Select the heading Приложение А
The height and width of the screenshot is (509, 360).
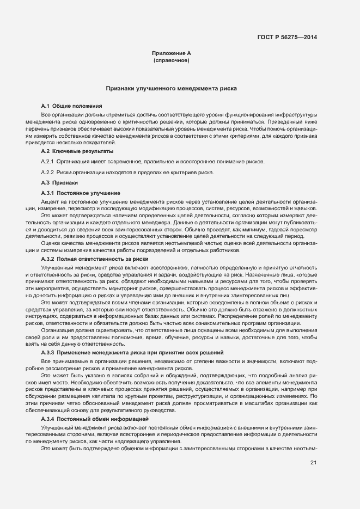pyautogui.click(x=171, y=53)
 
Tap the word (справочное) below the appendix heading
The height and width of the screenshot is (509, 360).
pyautogui.click(x=171, y=60)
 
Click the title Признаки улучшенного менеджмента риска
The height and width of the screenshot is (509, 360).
pyautogui.click(x=171, y=88)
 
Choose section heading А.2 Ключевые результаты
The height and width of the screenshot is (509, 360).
pyautogui.click(x=77, y=150)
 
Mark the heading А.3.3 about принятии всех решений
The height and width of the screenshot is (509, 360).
pyautogui.click(x=132, y=353)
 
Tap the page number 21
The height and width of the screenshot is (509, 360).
pyautogui.click(x=313, y=463)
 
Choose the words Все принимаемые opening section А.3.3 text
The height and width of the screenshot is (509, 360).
pyautogui.click(x=63, y=361)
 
